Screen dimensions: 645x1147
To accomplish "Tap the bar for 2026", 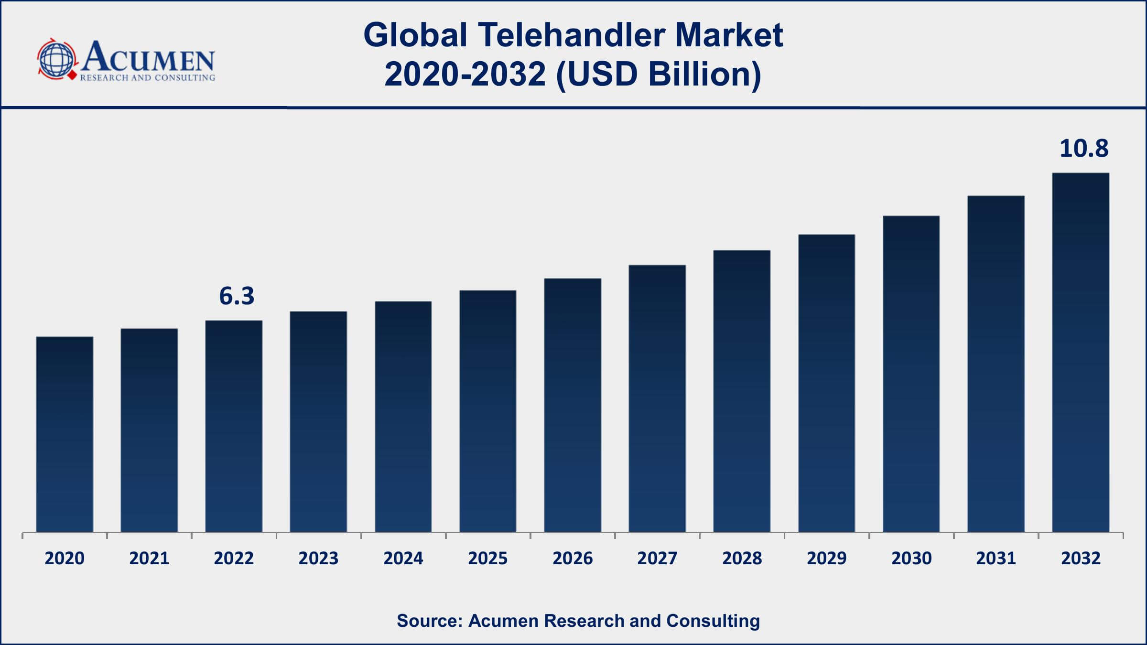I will point(573,405).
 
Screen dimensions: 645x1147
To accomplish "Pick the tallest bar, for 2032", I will point(1081,352).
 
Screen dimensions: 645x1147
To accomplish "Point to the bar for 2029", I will point(826,383).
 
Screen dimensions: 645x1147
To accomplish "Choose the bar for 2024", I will point(403,416).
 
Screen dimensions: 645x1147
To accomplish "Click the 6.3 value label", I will point(237,296).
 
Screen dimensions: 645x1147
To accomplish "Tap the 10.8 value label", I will point(1084,148).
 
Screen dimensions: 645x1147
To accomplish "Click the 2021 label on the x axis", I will point(149,558).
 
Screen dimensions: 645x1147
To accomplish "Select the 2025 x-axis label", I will point(487,558).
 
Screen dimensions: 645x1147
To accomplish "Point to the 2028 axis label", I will point(742,558).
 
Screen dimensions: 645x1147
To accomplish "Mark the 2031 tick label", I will point(996,558).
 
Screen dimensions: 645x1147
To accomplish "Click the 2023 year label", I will point(318,558).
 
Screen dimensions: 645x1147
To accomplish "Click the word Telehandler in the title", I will point(572,35).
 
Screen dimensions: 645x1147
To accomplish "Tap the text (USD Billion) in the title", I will point(659,75).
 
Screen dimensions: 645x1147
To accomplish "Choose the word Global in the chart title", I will point(415,35).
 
